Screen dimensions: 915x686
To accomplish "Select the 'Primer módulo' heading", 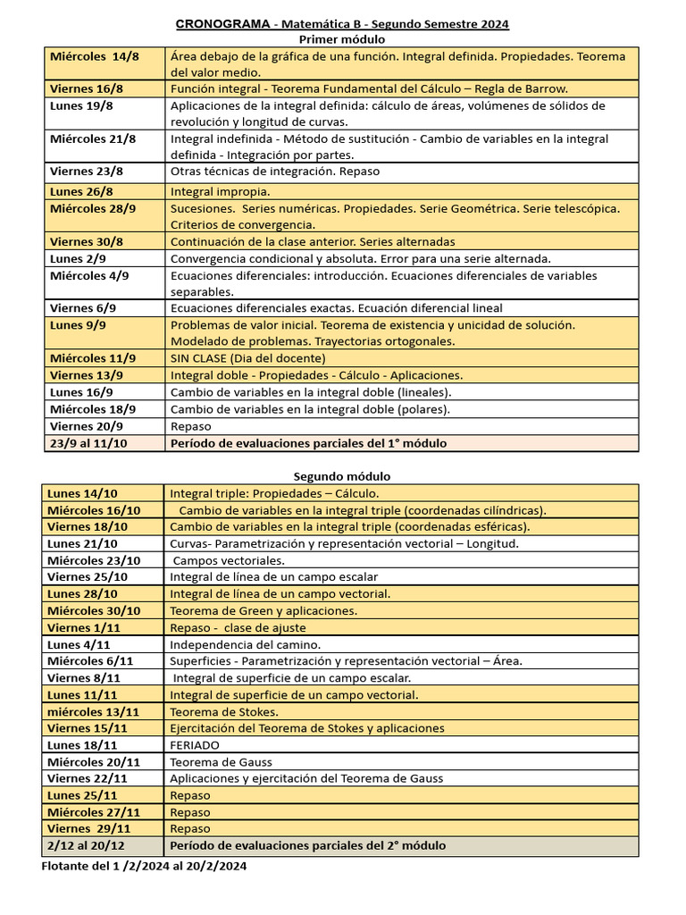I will [x=342, y=39].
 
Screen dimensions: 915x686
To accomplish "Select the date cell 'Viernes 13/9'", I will [x=88, y=375].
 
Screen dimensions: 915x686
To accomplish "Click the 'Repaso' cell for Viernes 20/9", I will [x=190, y=426].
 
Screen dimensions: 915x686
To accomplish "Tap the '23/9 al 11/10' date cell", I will [x=88, y=443].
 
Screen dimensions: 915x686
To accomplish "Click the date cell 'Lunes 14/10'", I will [x=82, y=493].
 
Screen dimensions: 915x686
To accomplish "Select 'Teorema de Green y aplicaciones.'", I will [x=264, y=610].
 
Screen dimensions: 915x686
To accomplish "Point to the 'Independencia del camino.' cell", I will [x=245, y=644].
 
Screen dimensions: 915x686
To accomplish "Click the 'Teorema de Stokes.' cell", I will [x=224, y=712].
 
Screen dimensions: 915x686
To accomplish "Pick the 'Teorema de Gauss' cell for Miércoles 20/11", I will [x=221, y=762].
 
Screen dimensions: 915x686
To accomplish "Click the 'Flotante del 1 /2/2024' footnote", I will [x=144, y=866].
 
